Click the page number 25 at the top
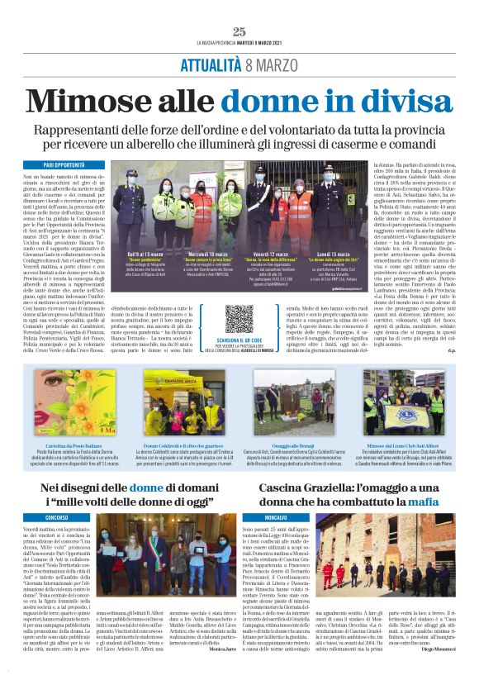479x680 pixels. (x=239, y=31)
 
